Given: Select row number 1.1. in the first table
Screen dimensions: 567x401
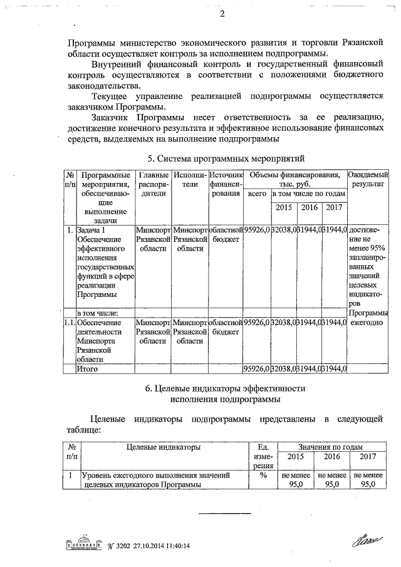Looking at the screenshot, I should pyautogui.click(x=70, y=322).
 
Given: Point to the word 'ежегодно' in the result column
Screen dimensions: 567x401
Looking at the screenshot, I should pyautogui.click(x=365, y=322).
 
